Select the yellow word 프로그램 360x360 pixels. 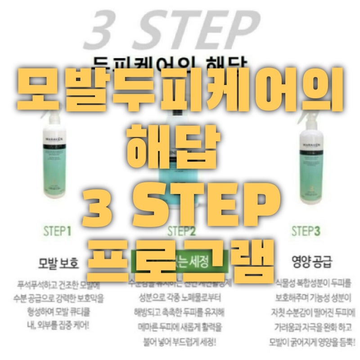(180, 255)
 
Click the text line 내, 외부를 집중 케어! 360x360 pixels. (57, 323)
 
